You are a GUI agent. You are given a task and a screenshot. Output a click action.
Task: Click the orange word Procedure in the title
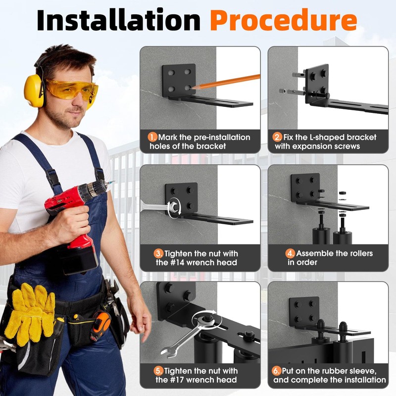coord(283,20)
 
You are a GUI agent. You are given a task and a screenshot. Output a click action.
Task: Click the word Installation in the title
coord(118,20)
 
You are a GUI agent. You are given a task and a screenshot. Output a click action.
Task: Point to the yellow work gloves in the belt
coord(31,313)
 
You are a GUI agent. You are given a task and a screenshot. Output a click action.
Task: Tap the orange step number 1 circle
coord(152,137)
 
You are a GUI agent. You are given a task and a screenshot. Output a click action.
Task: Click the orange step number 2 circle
coord(278,137)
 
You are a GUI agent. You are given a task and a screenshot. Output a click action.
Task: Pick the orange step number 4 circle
coord(291,253)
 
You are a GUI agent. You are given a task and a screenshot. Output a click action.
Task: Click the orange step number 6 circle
coord(276,371)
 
